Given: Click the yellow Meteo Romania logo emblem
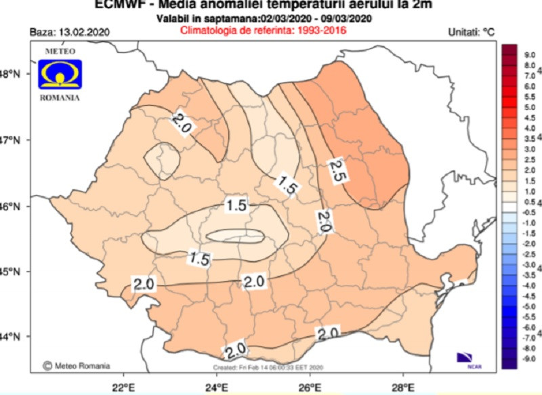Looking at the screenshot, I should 60,73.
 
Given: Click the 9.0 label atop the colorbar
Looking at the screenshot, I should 512,52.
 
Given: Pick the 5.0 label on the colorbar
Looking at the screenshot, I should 512,107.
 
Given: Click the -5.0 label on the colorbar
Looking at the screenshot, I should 511,307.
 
